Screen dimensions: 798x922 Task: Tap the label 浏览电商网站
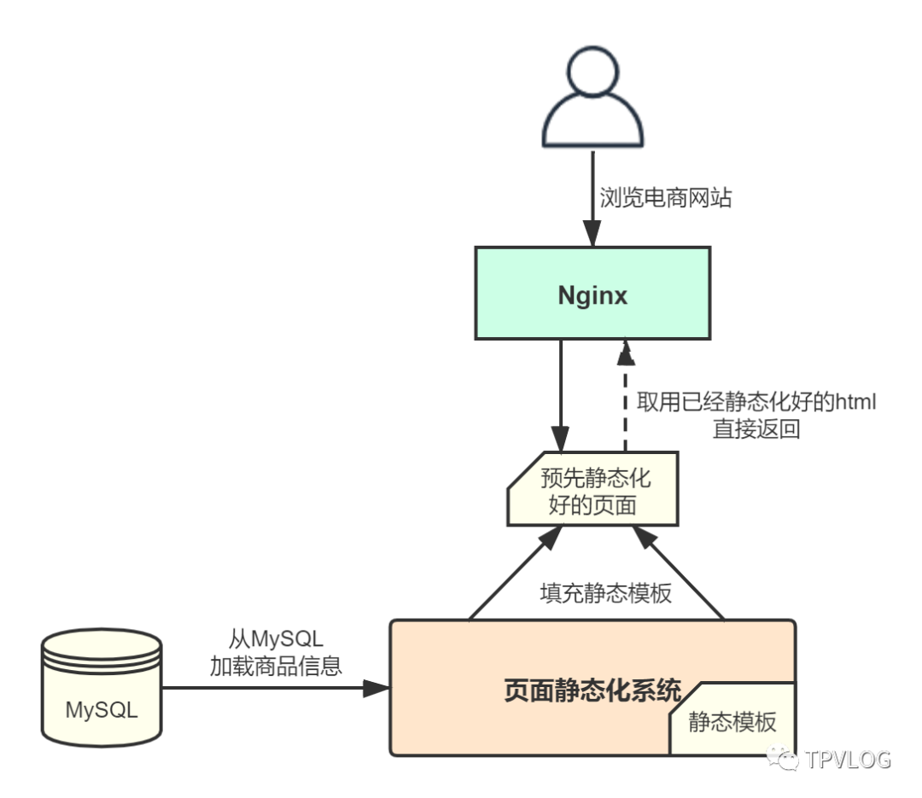[x=665, y=199]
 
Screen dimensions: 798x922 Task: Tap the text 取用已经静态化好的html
[x=756, y=403]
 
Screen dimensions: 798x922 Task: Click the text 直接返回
[x=756, y=429]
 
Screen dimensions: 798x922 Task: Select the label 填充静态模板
[x=606, y=592]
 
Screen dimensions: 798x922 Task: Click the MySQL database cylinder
[x=102, y=687]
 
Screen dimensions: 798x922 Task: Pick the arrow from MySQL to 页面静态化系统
[x=273, y=688]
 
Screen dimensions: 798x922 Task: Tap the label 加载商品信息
[x=276, y=667]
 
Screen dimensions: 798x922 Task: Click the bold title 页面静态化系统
[x=592, y=690]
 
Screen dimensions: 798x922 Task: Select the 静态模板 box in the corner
[x=732, y=721]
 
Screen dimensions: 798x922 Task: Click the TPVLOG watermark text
[x=847, y=759]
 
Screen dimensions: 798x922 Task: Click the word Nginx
[x=592, y=295]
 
